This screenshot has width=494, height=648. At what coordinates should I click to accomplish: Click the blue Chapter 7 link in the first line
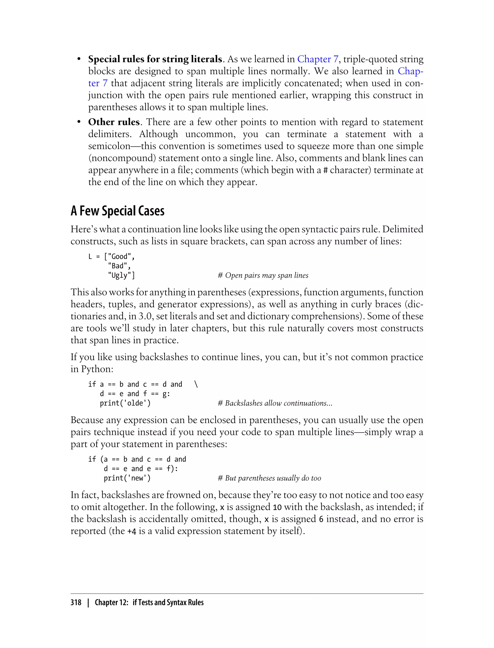(x=318, y=59)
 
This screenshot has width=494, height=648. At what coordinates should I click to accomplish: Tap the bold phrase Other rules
(x=114, y=122)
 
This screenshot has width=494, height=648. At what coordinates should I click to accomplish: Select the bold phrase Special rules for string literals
(x=155, y=59)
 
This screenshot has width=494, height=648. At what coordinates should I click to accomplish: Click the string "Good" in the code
(x=119, y=256)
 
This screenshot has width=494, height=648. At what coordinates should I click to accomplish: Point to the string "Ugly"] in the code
(x=121, y=275)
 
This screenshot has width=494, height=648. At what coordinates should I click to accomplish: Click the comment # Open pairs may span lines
(x=263, y=275)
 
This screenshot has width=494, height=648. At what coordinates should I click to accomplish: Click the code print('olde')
(x=125, y=403)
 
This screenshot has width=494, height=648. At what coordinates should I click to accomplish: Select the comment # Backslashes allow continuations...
(x=275, y=403)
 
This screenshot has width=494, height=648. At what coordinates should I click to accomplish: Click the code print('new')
(x=127, y=478)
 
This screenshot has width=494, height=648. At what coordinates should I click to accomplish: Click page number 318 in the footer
(x=76, y=602)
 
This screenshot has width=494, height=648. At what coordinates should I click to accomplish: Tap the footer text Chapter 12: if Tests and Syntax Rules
(x=149, y=602)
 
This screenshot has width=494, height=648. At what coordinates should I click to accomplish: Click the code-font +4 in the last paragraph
(x=132, y=531)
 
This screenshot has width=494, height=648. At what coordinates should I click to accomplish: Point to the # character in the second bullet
(x=325, y=170)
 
